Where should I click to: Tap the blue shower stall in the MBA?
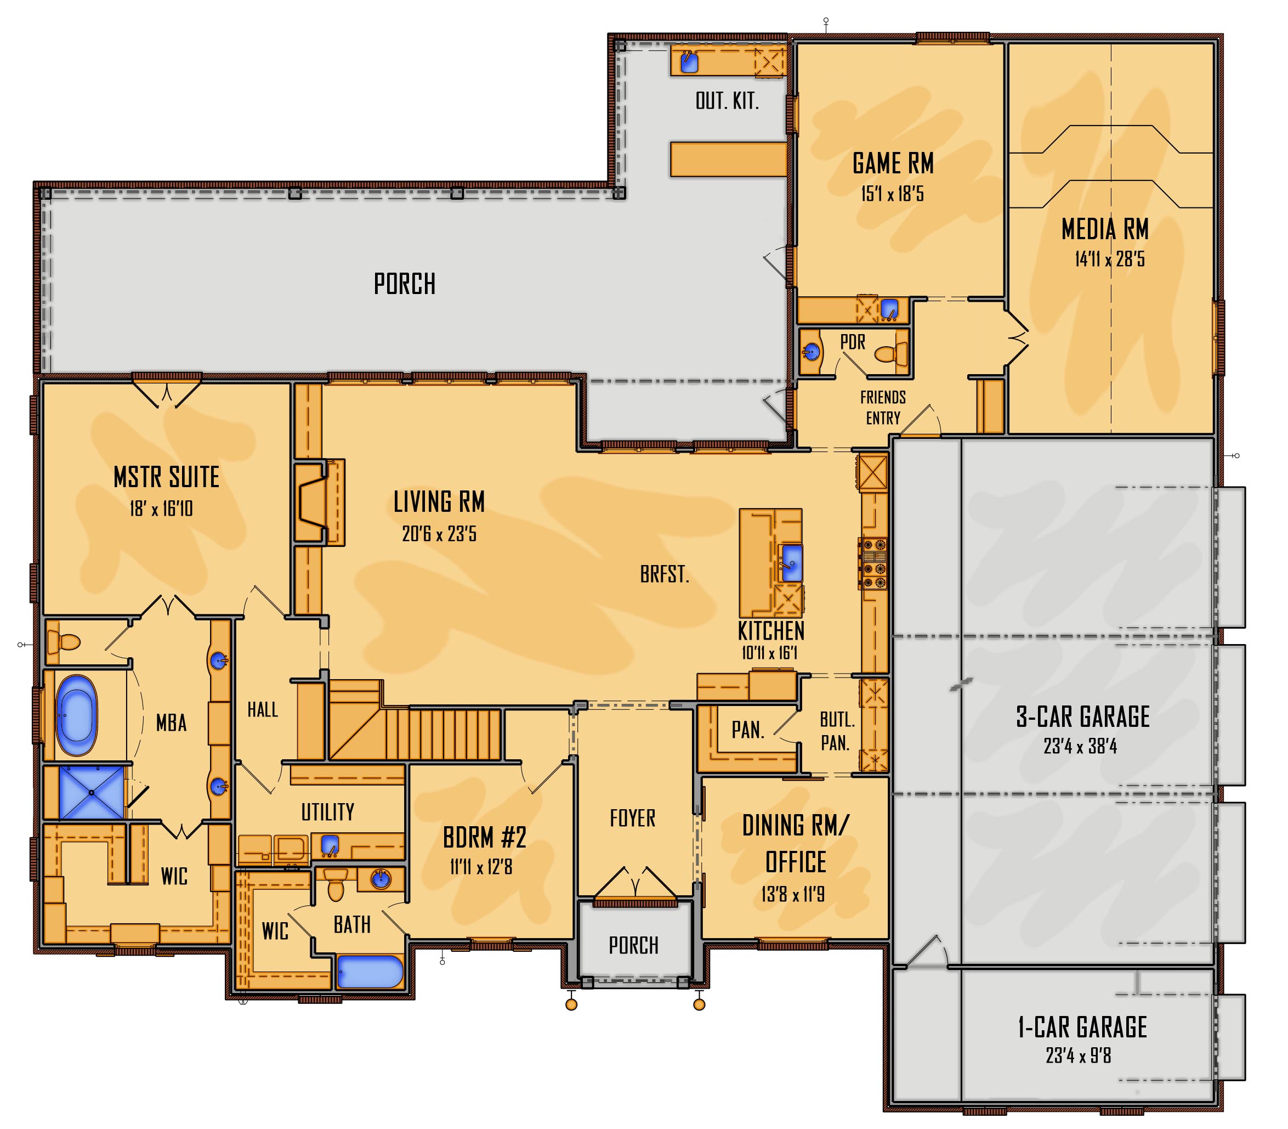[92, 792]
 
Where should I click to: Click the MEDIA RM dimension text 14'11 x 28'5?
[1110, 259]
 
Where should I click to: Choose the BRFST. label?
[665, 574]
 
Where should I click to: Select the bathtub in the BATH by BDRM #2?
[370, 972]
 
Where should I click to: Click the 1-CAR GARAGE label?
[1082, 1027]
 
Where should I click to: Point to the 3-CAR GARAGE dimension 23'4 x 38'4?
[1080, 747]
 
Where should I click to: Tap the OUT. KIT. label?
[727, 101]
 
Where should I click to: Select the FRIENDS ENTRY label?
[883, 408]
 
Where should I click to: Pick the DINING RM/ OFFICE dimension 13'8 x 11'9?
[792, 894]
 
